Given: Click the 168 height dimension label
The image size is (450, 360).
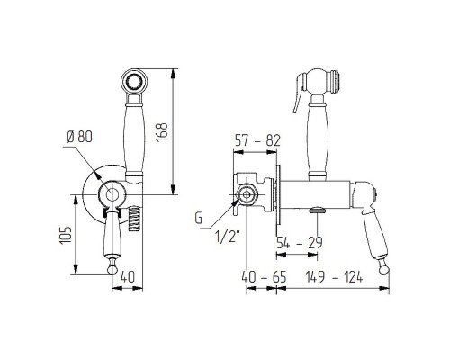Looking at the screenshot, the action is pos(162,132).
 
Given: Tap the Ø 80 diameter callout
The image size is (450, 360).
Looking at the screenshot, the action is pos(79,138).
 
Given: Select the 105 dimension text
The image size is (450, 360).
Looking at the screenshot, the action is pos(66,235).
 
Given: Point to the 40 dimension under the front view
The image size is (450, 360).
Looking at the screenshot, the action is pos(128,277).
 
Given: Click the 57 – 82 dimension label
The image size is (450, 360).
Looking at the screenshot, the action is pos(257,140).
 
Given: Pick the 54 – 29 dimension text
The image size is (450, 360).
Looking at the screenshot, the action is pos(299,243).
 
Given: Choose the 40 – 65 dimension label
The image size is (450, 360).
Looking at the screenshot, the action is pos(264,277).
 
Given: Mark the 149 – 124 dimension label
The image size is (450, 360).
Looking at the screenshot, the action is pos(334,277).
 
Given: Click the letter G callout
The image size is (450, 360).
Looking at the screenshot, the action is pos(199,219).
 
